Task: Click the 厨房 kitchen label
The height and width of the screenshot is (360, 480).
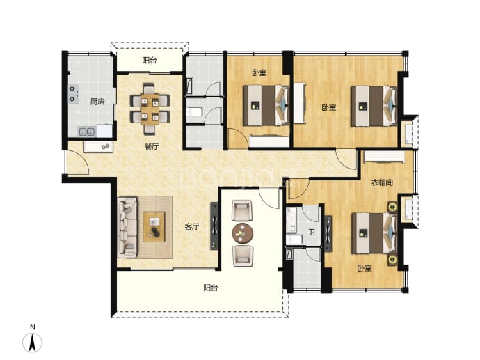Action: [97, 102]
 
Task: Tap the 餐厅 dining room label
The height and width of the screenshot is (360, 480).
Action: [152, 146]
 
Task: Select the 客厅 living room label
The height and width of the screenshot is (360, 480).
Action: [192, 227]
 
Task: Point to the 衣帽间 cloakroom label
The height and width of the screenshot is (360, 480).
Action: [382, 183]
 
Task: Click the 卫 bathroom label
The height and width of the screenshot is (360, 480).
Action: [312, 233]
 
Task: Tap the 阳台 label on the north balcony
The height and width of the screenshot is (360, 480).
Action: [150, 61]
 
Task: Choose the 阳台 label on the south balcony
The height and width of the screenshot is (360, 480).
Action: [211, 288]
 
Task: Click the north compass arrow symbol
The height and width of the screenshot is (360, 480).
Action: [32, 343]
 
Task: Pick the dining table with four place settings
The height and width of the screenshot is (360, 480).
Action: [150, 109]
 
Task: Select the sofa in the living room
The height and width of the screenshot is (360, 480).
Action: [127, 227]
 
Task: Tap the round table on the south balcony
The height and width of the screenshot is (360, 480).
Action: [243, 233]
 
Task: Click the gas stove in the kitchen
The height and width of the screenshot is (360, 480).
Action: [73, 94]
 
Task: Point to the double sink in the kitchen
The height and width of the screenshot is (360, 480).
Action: [87, 132]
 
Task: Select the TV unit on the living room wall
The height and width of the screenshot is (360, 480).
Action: [214, 226]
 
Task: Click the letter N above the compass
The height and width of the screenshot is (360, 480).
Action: [33, 327]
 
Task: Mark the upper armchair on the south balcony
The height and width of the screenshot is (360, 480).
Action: [242, 210]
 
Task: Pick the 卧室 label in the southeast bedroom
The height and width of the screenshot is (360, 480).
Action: [365, 268]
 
